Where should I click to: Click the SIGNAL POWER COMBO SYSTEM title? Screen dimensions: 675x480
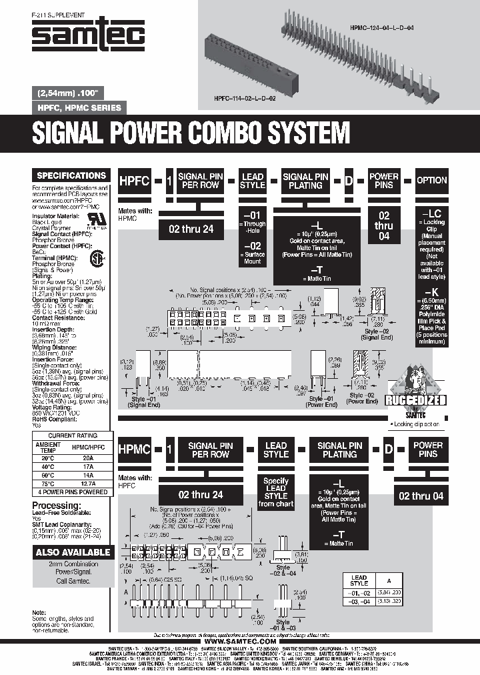point(191,134)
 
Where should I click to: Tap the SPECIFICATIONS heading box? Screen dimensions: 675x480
point(71,175)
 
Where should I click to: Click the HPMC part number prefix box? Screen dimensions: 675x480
point(137,449)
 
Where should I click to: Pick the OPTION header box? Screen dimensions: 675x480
point(431,180)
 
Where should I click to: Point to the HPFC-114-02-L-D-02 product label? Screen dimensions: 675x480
point(245,97)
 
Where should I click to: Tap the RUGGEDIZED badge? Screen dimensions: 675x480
point(419,400)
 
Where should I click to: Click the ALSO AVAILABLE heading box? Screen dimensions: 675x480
point(73,552)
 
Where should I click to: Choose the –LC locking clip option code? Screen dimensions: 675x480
point(431,212)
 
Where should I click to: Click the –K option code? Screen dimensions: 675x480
point(431,291)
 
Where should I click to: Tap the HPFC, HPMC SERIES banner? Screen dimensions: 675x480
point(75,107)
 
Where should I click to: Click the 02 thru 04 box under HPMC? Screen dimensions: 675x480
point(421,496)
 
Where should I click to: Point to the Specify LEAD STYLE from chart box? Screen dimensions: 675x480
point(276,492)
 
